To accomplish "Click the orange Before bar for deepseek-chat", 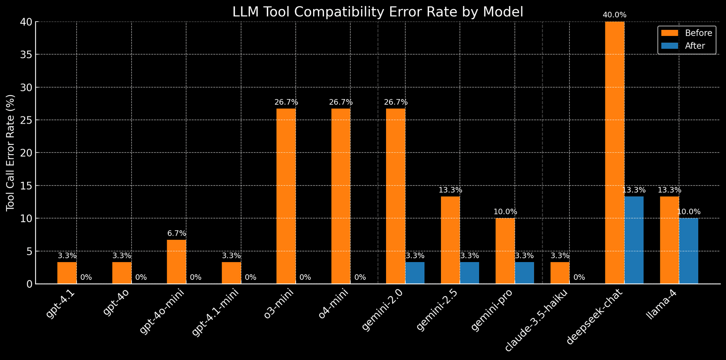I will tap(614, 151).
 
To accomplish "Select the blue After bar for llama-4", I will tap(689, 251).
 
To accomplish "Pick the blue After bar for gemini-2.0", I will tap(415, 273).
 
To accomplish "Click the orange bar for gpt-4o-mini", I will tap(176, 262).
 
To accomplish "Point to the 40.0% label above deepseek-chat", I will tap(614, 15).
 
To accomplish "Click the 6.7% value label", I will tap(177, 234).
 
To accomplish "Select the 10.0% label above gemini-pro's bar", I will tap(505, 212).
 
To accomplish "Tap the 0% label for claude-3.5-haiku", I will tap(579, 277).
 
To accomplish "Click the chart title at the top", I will tap(377, 12).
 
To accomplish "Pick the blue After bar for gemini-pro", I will tap(524, 273).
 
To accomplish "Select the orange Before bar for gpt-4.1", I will tap(67, 273).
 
